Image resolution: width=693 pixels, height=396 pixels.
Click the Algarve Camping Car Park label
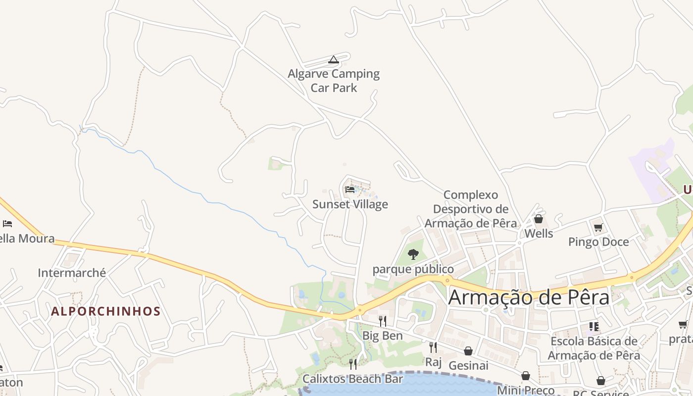tap(334, 81)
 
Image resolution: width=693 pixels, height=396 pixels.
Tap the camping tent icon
tap(334, 60)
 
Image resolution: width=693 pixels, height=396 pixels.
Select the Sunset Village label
tap(350, 204)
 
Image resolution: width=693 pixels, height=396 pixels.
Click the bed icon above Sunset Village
tap(350, 189)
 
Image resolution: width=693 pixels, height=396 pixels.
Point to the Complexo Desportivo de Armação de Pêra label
tap(471, 209)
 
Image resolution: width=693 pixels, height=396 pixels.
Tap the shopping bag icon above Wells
tap(539, 219)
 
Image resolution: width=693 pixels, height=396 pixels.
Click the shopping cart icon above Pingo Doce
tap(598, 228)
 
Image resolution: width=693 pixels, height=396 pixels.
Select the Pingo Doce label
tap(598, 242)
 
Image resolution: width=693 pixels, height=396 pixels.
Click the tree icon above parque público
tap(413, 254)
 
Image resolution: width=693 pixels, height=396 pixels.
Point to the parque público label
tap(413, 269)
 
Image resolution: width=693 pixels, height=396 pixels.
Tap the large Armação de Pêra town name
tap(529, 297)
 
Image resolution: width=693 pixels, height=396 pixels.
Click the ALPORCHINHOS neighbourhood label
tap(106, 311)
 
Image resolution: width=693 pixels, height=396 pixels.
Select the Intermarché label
tap(72, 273)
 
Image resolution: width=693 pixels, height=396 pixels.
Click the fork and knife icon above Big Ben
tap(383, 321)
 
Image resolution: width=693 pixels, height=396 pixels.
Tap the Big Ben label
tap(383, 336)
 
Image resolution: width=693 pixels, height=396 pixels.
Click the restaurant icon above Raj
tap(433, 347)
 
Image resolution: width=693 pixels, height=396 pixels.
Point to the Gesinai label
tap(468, 365)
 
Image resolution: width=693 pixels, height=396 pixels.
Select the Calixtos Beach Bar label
tap(352, 379)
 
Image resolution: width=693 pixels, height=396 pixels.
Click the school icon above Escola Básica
tap(594, 327)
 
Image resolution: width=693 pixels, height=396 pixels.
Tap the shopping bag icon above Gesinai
tap(468, 351)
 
